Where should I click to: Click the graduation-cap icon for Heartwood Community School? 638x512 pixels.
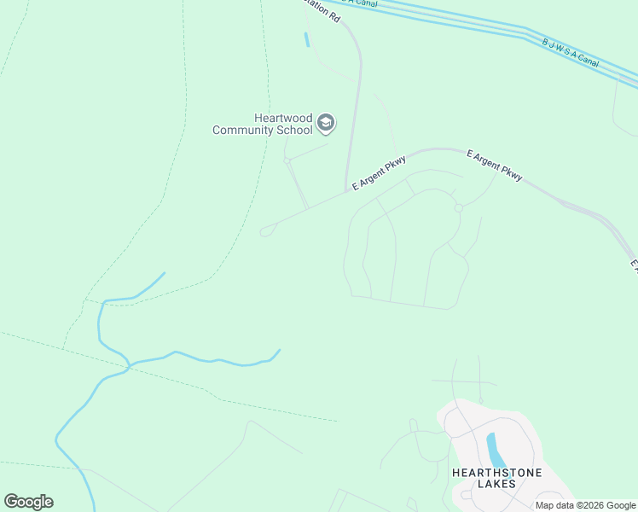(325, 124)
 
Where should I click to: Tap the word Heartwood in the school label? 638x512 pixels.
(281, 119)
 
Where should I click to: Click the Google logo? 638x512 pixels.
(28, 502)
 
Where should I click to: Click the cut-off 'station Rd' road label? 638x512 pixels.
(324, 11)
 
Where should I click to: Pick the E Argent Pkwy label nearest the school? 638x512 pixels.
(380, 175)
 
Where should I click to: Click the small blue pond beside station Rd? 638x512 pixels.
(306, 39)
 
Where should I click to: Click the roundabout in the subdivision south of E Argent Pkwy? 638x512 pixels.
(458, 208)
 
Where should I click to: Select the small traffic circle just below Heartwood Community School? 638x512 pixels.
(287, 160)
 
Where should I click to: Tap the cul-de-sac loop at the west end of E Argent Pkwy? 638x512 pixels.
(267, 230)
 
